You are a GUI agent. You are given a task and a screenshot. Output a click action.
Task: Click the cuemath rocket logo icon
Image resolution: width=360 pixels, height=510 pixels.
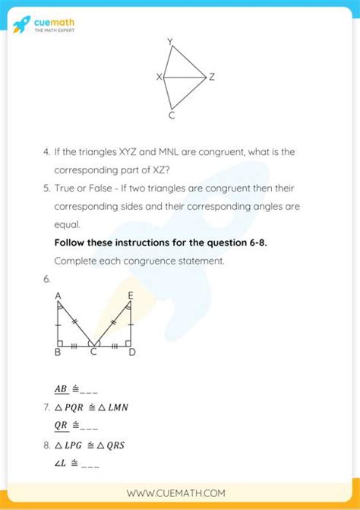22,24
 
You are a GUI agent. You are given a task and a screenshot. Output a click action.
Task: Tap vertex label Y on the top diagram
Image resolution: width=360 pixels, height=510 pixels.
169,41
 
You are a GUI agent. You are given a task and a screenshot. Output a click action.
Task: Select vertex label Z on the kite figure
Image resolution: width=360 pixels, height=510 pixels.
212,77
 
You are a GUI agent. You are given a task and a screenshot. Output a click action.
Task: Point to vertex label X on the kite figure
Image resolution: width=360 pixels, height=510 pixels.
159,77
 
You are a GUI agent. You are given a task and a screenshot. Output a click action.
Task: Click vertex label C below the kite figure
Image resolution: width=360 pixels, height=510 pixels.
172,116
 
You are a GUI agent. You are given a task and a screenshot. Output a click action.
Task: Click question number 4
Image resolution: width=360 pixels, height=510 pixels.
46,152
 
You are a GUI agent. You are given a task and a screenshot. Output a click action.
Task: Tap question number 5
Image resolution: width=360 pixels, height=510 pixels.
46,188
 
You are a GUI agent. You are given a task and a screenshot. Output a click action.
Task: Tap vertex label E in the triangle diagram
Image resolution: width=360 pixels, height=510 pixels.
131,295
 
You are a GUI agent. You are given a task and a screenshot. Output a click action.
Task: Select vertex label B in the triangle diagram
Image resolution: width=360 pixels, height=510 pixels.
58,353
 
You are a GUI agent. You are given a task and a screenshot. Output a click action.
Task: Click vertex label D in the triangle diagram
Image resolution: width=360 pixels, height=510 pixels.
132,353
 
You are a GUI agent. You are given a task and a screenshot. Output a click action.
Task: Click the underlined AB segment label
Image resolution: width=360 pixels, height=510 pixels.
61,389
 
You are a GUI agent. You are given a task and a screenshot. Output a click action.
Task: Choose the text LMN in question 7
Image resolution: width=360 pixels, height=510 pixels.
117,407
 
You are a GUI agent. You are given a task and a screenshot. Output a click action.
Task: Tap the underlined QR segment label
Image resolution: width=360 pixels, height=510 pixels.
61,426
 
